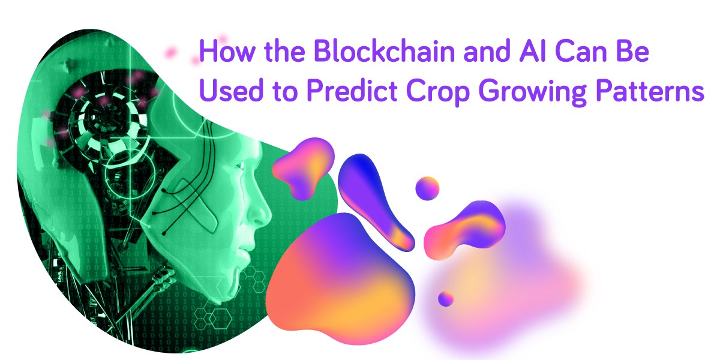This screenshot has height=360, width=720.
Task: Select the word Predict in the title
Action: [352, 91]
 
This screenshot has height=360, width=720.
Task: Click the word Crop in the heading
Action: [439, 92]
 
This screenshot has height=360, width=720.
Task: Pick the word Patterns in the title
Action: [650, 91]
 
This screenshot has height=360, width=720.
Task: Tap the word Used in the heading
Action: [232, 91]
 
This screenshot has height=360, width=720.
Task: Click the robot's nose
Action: [260, 211]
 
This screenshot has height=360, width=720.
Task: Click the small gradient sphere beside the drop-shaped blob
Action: [427, 188]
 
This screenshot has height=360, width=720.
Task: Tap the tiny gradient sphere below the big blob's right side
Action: [446, 299]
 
